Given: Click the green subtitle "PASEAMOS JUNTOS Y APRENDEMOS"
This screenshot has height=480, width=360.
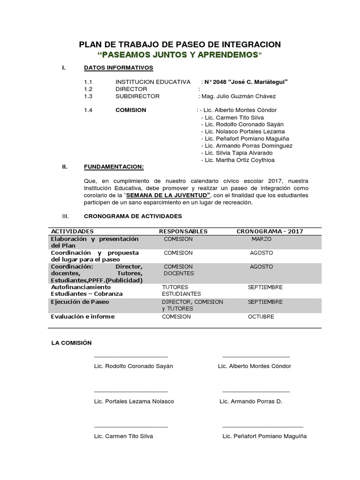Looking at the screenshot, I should pyautogui.click(x=180, y=55).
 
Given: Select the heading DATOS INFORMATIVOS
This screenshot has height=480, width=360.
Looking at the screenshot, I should pyautogui.click(x=115, y=67).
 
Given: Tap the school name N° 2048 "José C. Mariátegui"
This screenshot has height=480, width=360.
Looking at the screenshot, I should pyautogui.click(x=246, y=82).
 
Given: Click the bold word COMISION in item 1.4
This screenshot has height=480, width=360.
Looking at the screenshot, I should pyautogui.click(x=131, y=110).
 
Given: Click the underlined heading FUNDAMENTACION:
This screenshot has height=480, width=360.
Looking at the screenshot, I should pyautogui.click(x=114, y=166).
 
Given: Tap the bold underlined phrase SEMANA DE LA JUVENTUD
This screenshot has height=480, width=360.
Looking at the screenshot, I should pyautogui.click(x=167, y=195).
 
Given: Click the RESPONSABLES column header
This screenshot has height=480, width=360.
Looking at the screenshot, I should pyautogui.click(x=183, y=231).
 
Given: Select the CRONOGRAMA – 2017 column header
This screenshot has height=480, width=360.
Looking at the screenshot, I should pyautogui.click(x=270, y=231).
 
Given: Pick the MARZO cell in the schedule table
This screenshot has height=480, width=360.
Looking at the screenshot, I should pyautogui.click(x=262, y=239).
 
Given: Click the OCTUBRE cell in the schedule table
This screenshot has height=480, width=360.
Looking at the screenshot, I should pyautogui.click(x=261, y=316).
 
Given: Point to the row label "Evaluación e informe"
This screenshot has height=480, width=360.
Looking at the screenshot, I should pyautogui.click(x=82, y=316).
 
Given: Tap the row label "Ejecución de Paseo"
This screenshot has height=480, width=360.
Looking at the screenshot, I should pyautogui.click(x=80, y=302).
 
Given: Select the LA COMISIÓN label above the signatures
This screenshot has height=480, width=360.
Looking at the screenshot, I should pyautogui.click(x=72, y=343).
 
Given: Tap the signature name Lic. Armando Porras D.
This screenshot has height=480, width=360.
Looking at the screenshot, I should pyautogui.click(x=251, y=401).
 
